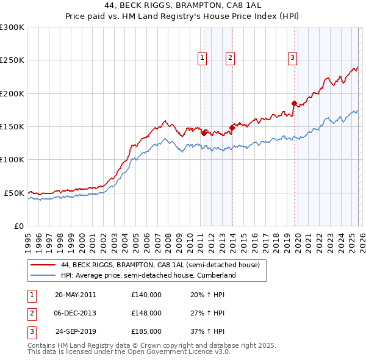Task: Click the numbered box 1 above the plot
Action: point(202,58)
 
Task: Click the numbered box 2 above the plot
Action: point(230,58)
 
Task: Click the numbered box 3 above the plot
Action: point(292,58)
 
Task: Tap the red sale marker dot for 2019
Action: point(294,104)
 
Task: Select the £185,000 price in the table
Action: point(146,332)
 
